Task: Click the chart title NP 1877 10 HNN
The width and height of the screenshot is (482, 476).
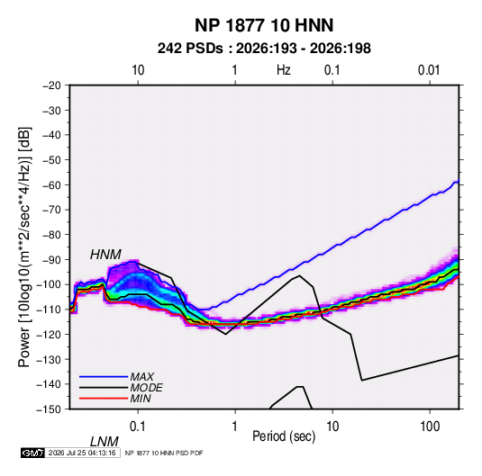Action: pos(264,25)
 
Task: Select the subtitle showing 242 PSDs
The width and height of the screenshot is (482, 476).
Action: pos(264,49)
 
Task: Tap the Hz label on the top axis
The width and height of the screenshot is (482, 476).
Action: pos(284,70)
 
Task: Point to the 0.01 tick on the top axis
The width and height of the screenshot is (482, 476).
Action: pos(429,70)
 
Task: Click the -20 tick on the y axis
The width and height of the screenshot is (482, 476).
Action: pos(51,85)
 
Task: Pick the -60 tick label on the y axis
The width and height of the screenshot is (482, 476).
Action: pos(51,184)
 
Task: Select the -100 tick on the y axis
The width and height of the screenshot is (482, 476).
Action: pos(49,284)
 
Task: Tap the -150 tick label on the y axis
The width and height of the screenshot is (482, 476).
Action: pos(49,409)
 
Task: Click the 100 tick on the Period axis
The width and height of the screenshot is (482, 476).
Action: pos(430,427)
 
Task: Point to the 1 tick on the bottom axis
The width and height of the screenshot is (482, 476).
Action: pos(235,427)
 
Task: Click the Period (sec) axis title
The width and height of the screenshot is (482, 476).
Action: pos(284,436)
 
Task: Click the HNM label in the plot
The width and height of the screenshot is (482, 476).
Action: pos(105,255)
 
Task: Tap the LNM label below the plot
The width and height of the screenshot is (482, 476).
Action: pos(104,442)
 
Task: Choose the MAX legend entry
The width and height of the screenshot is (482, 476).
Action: pos(141,377)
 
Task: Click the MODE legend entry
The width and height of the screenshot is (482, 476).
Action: pos(146,388)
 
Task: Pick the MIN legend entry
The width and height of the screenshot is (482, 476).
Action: pos(141,399)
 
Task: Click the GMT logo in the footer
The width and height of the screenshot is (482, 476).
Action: pos(33,453)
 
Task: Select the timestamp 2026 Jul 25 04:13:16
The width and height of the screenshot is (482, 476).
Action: pos(82,453)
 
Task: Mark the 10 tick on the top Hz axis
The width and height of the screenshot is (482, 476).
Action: pos(138,70)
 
